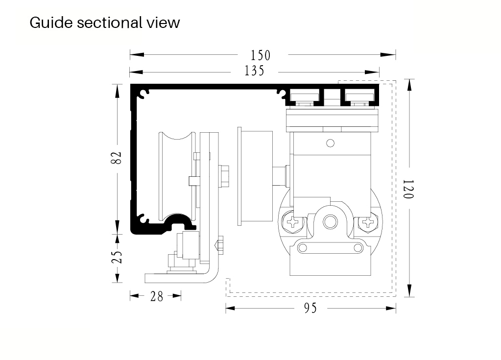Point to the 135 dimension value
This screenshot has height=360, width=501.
255,72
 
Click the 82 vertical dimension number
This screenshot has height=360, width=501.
117,158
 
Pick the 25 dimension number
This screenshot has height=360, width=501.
117,258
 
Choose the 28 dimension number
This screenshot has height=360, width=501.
156,296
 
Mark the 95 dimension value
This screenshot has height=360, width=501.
310,308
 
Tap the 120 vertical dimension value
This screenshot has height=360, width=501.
408,189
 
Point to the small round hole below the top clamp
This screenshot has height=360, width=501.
331,143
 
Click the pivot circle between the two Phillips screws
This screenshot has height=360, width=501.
331,222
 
